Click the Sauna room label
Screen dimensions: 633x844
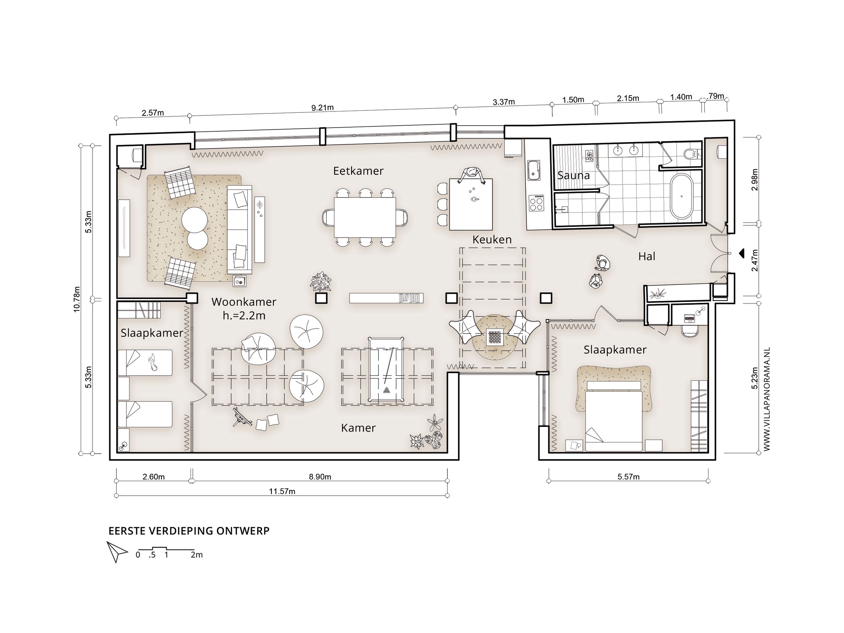[573, 175]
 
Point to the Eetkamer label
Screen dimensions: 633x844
[358, 171]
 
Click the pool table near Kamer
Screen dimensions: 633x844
[386, 369]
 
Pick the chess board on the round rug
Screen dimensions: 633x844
[495, 338]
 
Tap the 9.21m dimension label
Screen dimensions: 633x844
[322, 107]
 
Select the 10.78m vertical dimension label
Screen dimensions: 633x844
[77, 299]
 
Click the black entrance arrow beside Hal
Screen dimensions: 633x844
[741, 253]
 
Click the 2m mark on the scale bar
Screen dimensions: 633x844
[196, 555]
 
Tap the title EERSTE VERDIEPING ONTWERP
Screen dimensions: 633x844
[189, 531]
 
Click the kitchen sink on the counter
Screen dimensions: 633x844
[533, 170]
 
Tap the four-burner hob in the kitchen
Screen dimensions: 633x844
[536, 203]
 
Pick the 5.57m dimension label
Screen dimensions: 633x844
[628, 476]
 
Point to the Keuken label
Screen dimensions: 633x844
[492, 240]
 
